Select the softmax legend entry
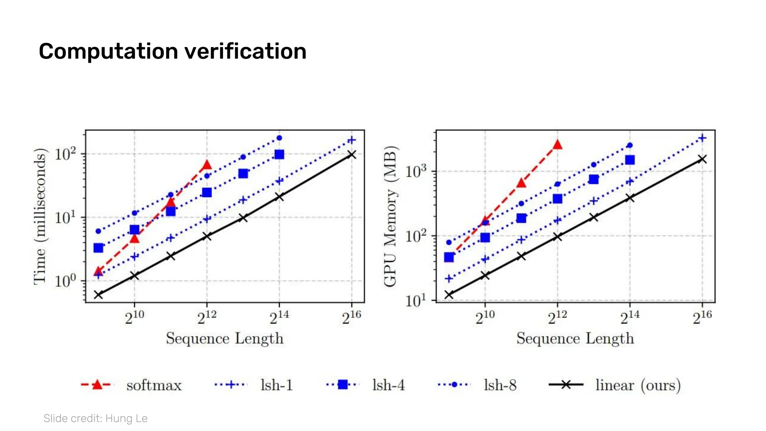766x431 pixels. (153, 385)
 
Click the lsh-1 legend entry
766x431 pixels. (276, 385)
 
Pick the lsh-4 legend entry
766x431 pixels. (388, 385)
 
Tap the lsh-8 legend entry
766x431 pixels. (500, 385)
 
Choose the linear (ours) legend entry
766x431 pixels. (637, 385)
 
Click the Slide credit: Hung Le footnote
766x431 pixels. (95, 418)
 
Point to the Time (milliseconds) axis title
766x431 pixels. (40, 216)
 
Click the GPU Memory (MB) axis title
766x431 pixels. (390, 216)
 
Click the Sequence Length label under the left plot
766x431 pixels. (224, 339)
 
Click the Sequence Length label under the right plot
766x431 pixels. (575, 339)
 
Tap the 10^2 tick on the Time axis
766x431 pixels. (65, 154)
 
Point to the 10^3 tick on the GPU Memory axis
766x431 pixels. (416, 171)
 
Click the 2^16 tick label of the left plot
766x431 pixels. (351, 318)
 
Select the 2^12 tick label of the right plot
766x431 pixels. (557, 318)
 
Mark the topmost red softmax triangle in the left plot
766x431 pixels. (207, 165)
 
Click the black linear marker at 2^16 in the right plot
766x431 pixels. (702, 159)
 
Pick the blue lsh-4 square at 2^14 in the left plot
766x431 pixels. (279, 155)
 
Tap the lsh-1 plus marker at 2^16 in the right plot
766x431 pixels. (702, 138)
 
